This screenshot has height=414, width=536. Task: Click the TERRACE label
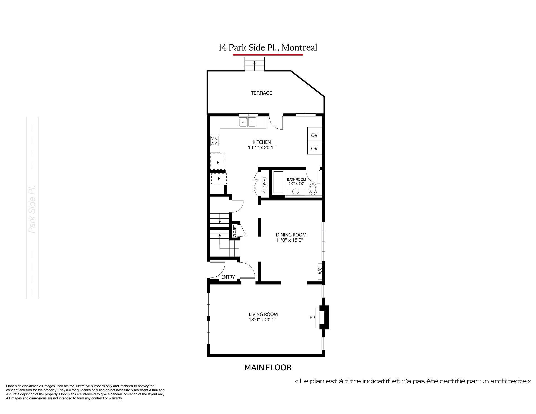pyautogui.click(x=262, y=93)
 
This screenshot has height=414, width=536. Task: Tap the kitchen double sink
pyautogui.click(x=248, y=122)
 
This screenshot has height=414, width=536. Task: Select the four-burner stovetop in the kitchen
pyautogui.click(x=215, y=141)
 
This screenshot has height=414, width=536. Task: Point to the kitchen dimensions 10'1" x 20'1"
pyautogui.click(x=262, y=148)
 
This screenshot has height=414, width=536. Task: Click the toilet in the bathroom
pyautogui.click(x=314, y=189)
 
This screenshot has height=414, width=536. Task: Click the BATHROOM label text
pyautogui.click(x=296, y=180)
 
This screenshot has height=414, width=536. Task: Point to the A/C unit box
pyautogui.click(x=320, y=271)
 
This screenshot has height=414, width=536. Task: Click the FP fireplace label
pyautogui.click(x=312, y=318)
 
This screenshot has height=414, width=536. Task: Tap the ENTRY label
pyautogui.click(x=228, y=277)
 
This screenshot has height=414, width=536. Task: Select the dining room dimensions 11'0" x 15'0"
pyautogui.click(x=289, y=240)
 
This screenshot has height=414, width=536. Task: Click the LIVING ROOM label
pyautogui.click(x=263, y=314)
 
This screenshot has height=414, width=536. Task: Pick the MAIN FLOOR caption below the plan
pyautogui.click(x=268, y=367)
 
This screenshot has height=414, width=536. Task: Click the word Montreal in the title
pyautogui.click(x=299, y=47)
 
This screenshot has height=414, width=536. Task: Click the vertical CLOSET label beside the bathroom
pyautogui.click(x=265, y=185)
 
